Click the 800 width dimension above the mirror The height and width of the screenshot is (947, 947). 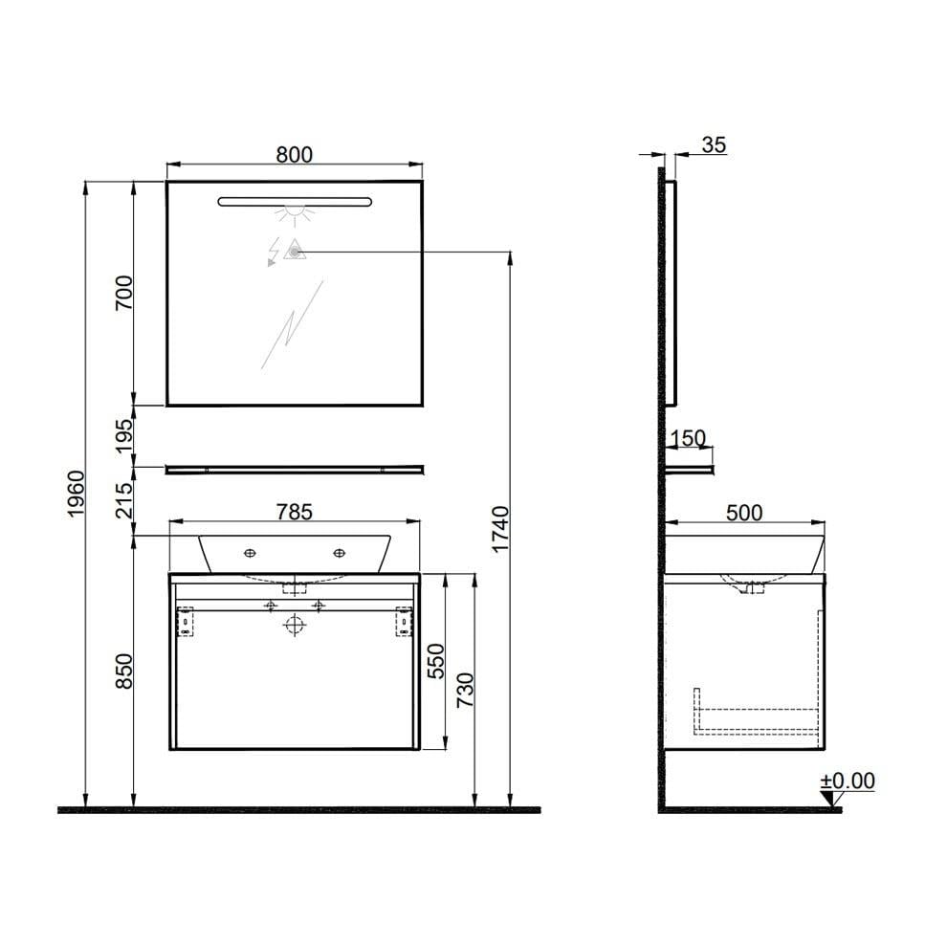(294, 155)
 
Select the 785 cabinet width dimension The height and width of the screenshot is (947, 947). (294, 512)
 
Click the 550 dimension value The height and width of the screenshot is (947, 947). (435, 661)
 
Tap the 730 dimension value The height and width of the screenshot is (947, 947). (465, 690)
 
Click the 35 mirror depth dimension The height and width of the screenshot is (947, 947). (714, 145)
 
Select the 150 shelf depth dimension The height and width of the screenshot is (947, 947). (688, 439)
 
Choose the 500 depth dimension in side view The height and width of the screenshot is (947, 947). (743, 513)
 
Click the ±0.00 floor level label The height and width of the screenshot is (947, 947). (848, 781)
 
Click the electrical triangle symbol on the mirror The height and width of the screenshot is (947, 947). (294, 251)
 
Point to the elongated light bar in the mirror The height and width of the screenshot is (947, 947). (294, 201)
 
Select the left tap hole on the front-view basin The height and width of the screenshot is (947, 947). (250, 553)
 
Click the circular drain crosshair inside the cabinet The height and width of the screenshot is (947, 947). (295, 626)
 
